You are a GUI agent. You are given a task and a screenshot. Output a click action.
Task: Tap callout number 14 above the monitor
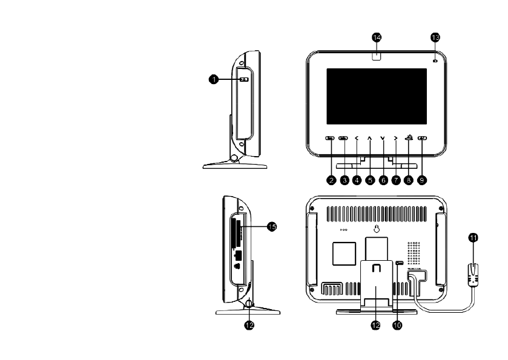point(377,38)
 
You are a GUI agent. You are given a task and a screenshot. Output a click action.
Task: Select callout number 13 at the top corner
point(435,37)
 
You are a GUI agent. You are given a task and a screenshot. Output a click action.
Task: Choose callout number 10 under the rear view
point(398,325)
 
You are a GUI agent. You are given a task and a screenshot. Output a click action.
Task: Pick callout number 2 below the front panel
point(331,180)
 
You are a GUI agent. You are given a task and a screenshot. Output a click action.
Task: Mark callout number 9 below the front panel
point(422,180)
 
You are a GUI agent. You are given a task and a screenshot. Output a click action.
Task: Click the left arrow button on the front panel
point(357,139)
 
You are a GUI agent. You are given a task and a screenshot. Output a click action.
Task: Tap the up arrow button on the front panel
point(369,139)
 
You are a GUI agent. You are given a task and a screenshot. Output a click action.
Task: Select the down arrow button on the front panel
point(383,139)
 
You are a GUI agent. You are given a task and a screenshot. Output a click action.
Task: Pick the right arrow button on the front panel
point(395,139)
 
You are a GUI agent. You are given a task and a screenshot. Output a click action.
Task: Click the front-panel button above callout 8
point(409,138)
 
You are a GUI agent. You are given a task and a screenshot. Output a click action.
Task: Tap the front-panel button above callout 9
point(422,139)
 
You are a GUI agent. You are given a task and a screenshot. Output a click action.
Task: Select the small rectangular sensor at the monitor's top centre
point(377,57)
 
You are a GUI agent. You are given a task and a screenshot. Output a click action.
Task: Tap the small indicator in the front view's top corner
point(435,61)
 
